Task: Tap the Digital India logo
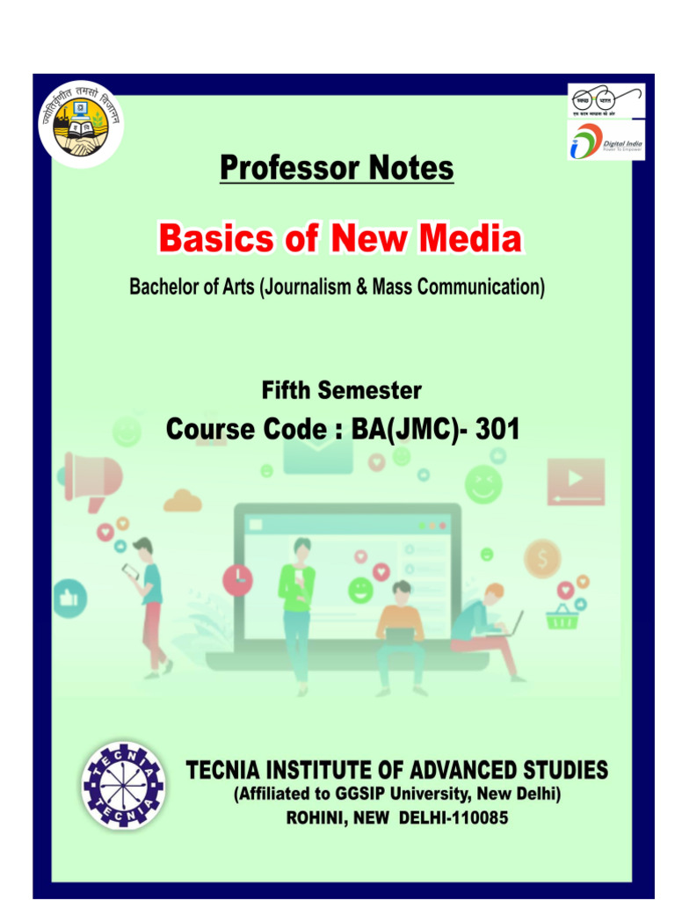[606, 142]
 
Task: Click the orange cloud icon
[183, 501]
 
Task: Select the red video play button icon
[575, 480]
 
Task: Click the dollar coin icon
[542, 558]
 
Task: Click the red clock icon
[237, 578]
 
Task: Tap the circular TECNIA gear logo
[122, 787]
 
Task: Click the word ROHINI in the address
[319, 817]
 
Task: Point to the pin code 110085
[475, 817]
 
